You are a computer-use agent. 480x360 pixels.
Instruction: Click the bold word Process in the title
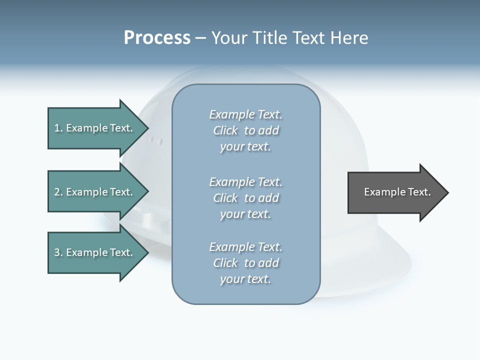click(x=157, y=38)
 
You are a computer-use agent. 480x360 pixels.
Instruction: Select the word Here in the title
click(x=349, y=38)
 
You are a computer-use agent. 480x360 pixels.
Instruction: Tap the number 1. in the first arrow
click(x=58, y=128)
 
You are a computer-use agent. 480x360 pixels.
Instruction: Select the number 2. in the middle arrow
click(x=58, y=192)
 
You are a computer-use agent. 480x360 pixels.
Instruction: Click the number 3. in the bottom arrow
click(x=58, y=252)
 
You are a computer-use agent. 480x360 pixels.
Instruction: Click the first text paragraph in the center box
click(x=245, y=130)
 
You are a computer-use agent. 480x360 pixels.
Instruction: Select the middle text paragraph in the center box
click(x=245, y=197)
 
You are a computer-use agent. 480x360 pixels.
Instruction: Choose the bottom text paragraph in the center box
click(x=245, y=263)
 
